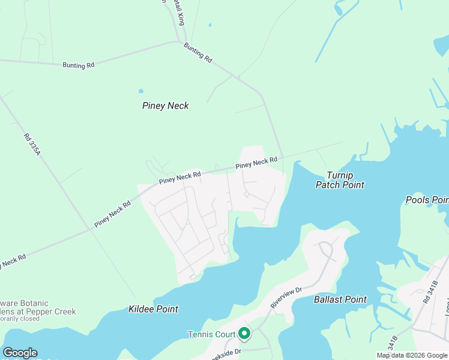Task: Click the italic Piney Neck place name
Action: tap(166, 106)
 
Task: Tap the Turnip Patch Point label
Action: tap(340, 180)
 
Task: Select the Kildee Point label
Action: tap(154, 309)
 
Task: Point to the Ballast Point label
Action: tap(340, 299)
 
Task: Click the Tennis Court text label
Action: tap(211, 334)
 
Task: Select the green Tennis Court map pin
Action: tap(244, 332)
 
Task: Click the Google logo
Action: tap(20, 353)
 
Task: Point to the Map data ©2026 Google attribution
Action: tap(412, 355)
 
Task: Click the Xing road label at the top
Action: tap(179, 12)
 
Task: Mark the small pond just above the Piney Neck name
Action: tap(141, 91)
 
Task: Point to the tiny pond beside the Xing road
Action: tap(209, 25)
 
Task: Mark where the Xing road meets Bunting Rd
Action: tap(179, 41)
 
